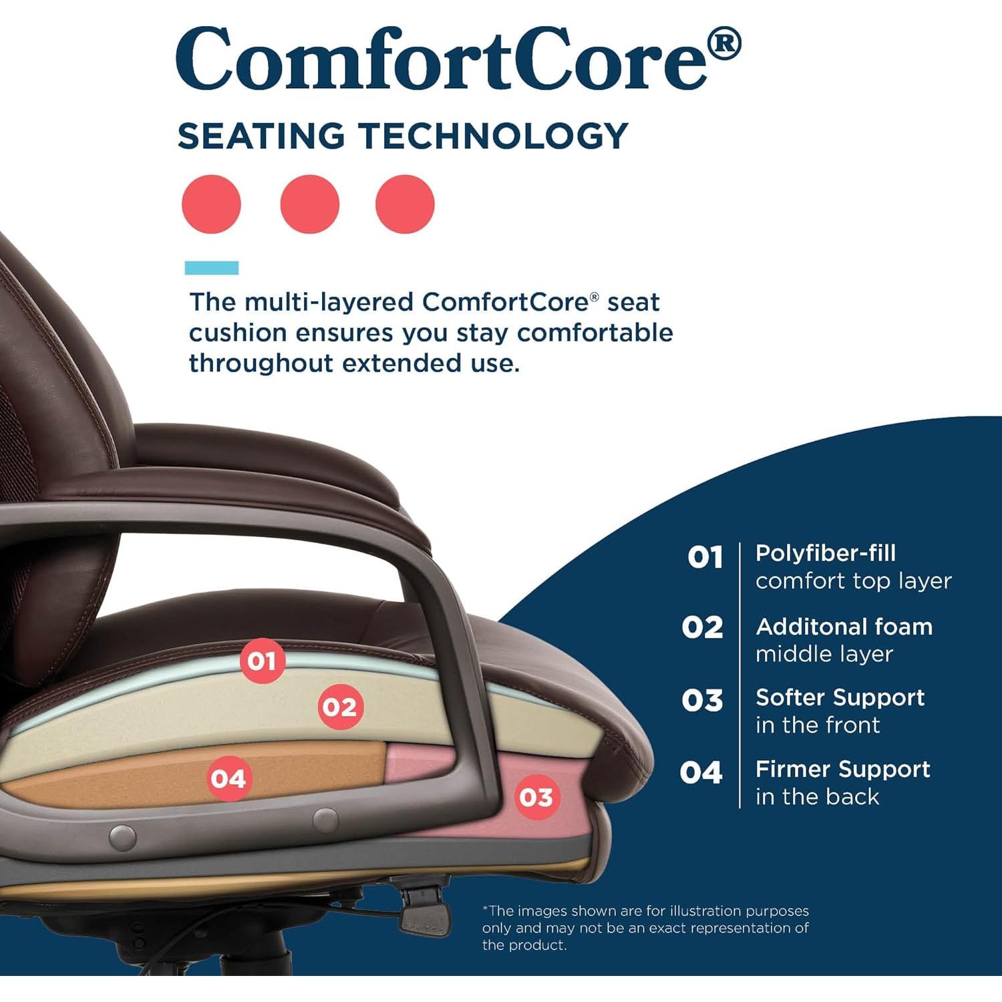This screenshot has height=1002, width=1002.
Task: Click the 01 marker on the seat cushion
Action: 262,661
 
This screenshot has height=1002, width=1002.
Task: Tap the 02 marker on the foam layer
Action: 340,707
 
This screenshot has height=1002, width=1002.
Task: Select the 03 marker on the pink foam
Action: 536,797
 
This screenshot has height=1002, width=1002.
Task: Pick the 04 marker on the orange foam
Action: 228,778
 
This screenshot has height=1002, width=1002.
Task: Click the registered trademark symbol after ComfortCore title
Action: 723,44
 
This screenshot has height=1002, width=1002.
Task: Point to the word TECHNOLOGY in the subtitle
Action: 494,136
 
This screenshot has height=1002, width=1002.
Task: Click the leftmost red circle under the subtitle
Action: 211,204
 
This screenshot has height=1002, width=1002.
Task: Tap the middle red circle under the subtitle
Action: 310,204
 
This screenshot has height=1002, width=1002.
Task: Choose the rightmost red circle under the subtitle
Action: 405,204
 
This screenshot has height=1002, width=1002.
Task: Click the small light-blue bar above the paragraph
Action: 211,268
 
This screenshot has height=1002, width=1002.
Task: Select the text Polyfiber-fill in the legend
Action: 825,553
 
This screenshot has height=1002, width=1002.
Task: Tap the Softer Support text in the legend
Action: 840,697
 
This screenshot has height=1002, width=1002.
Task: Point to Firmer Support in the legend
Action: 842,769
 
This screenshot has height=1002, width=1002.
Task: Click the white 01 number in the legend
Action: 705,557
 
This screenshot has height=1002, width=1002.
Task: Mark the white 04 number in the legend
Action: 701,773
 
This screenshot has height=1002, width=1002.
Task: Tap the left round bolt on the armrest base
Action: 122,836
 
